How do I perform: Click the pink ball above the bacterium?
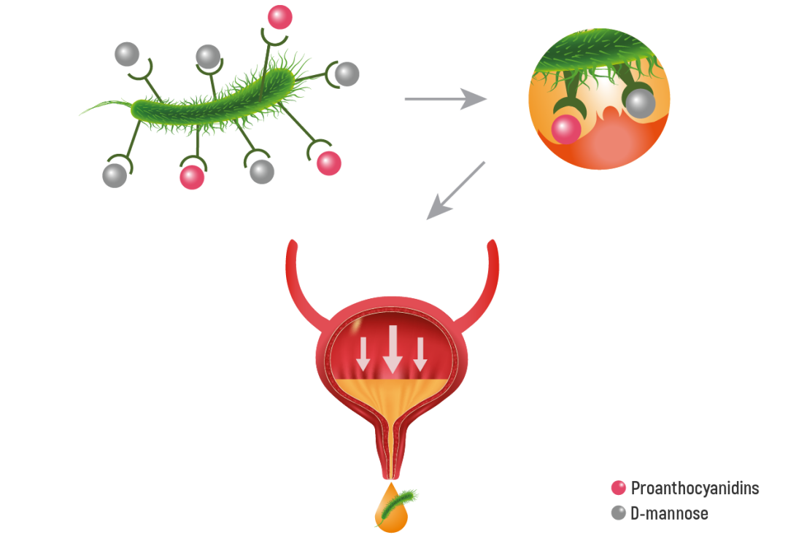(x=279, y=17)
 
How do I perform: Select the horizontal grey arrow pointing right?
(x=445, y=99)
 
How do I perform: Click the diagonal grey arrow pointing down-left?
(x=456, y=190)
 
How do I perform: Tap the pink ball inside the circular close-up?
(x=566, y=129)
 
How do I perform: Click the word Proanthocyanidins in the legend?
(x=695, y=488)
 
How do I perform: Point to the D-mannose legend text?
(x=669, y=513)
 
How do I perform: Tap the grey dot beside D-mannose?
(x=619, y=513)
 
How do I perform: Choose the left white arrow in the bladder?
(x=363, y=354)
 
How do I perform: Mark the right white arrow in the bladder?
(x=420, y=354)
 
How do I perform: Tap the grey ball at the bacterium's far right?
(x=347, y=74)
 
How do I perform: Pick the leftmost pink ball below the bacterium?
(x=192, y=176)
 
